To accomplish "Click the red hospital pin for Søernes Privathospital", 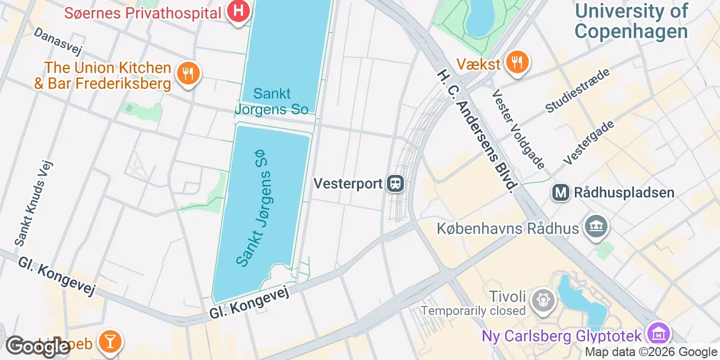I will point(238,11).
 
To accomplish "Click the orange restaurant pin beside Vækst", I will point(516,62).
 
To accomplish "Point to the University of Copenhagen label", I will point(631,21).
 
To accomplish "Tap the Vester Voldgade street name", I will point(518,129).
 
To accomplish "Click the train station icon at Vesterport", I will point(395,183).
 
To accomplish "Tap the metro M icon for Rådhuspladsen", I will point(561,193).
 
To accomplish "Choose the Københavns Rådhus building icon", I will point(597,227).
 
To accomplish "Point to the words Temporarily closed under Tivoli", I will point(473,310).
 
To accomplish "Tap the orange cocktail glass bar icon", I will point(109,341).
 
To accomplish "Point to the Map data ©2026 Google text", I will point(651,352).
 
